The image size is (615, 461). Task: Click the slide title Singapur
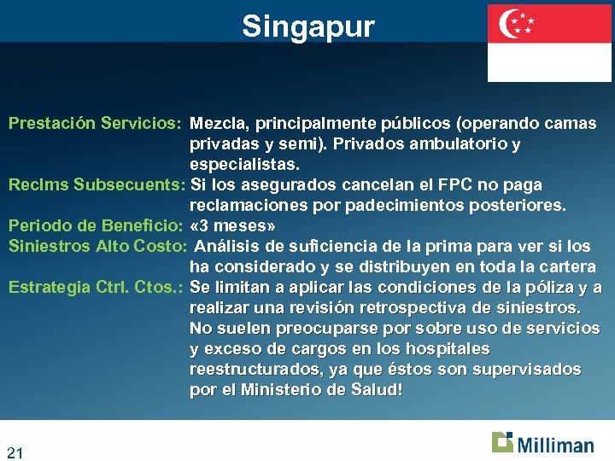pyautogui.click(x=307, y=26)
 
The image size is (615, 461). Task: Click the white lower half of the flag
pyautogui.click(x=549, y=62)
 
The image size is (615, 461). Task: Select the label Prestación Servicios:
pyautogui.click(x=94, y=124)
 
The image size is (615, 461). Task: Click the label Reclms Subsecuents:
pyautogui.click(x=97, y=185)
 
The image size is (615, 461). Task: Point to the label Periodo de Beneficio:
pyautogui.click(x=96, y=226)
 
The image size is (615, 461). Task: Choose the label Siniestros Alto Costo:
pyautogui.click(x=97, y=247)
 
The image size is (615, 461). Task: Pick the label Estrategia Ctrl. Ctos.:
pyautogui.click(x=96, y=288)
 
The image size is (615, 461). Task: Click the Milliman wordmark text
pyautogui.click(x=555, y=445)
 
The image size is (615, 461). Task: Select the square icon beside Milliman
pyautogui.click(x=502, y=441)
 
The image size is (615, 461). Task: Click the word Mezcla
pyautogui.click(x=217, y=124)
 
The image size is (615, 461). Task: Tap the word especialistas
pyautogui.click(x=243, y=165)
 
